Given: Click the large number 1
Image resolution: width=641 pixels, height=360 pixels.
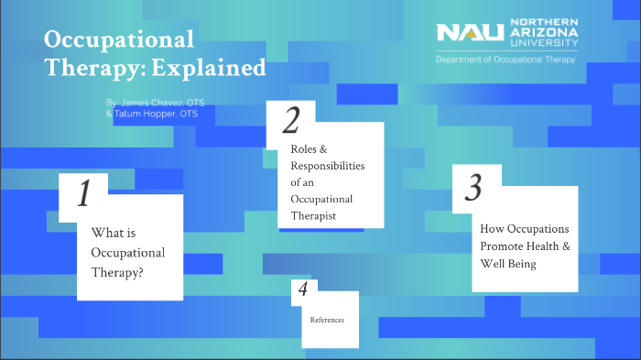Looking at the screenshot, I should [83, 194].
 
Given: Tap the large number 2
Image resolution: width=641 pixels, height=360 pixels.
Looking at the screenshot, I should [291, 120].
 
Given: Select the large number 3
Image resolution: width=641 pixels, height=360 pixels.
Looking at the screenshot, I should [473, 187].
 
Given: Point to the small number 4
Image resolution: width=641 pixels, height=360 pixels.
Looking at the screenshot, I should [303, 290].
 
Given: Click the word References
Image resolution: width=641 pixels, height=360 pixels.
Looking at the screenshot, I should [327, 319].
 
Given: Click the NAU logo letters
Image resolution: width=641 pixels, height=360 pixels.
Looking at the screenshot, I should [471, 34].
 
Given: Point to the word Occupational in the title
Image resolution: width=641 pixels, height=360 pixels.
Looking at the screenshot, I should [119, 39].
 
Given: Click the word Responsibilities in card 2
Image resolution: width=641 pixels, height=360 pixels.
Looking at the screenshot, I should [328, 165].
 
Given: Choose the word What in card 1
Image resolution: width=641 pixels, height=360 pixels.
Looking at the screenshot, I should [106, 233].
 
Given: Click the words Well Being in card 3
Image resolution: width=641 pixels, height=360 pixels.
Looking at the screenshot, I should [507, 264].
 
